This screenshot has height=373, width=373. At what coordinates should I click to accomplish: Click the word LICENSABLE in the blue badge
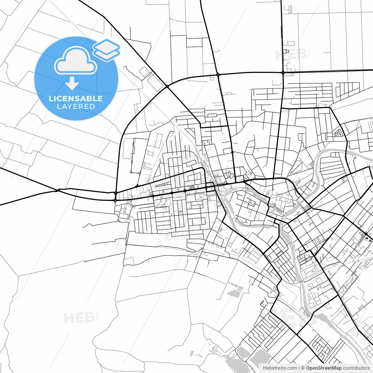pos(76,98)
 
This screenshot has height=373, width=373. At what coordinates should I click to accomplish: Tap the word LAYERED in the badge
pos(76,106)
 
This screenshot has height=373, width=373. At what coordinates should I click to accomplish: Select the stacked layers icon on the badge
pos(106,50)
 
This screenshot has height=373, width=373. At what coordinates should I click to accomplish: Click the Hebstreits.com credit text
pos(280,368)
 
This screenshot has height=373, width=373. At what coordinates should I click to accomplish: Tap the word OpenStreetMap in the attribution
pos(323,368)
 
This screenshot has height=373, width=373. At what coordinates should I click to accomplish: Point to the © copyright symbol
pos(303,368)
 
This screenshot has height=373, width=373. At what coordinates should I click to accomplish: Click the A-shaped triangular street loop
pos(338,133)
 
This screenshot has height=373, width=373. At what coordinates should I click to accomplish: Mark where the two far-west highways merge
pos(58,190)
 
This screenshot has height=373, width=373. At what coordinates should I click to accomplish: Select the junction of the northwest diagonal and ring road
pos(167,86)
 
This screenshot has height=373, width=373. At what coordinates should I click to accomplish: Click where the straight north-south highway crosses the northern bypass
pos(283,72)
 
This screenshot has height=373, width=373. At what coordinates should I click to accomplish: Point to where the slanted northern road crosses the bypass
pos(218,75)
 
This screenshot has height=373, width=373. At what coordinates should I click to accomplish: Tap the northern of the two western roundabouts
pos(116,193)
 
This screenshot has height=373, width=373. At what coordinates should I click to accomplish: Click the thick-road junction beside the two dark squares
pos(366,234)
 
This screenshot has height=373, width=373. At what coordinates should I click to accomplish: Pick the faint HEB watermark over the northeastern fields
pos(291,54)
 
